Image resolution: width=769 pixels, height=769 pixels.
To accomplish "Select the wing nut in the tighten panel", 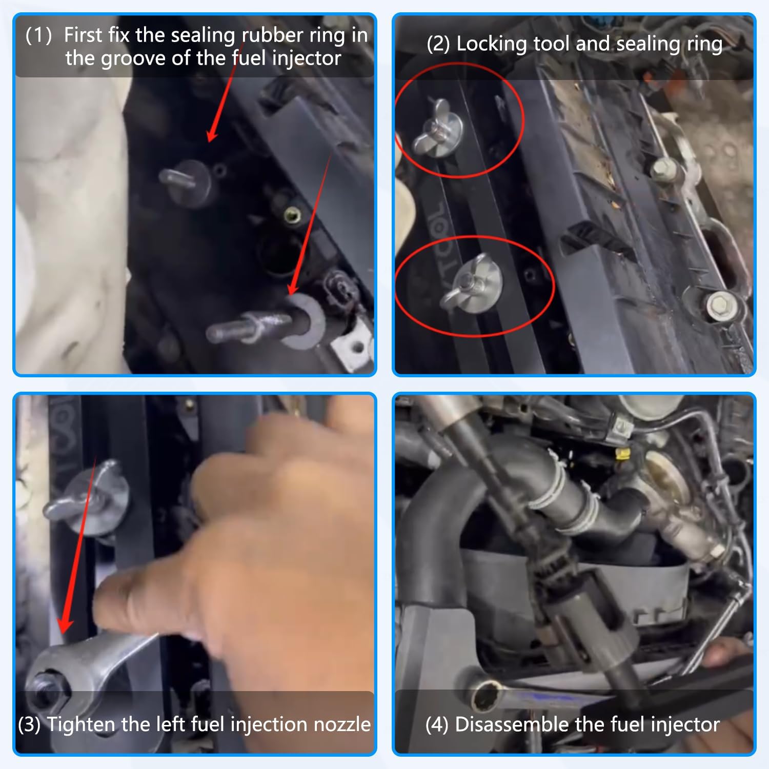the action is tap(85, 497).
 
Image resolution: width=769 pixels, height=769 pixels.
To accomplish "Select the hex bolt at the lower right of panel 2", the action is tap(722, 306).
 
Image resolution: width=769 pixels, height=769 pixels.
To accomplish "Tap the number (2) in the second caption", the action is tap(438, 44).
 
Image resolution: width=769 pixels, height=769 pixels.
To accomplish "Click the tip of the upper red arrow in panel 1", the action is tap(209, 140).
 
